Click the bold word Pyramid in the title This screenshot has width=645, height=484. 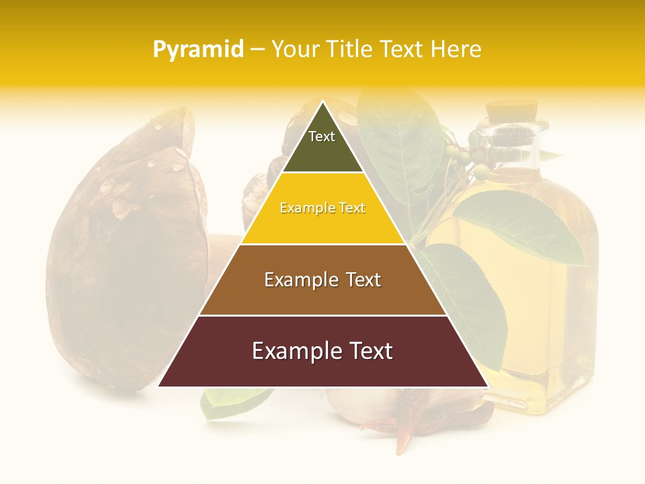tap(198, 50)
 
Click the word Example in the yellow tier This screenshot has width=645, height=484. tap(302, 208)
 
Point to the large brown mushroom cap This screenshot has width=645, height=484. tap(128, 249)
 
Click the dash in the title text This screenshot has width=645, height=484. tap(257, 50)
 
